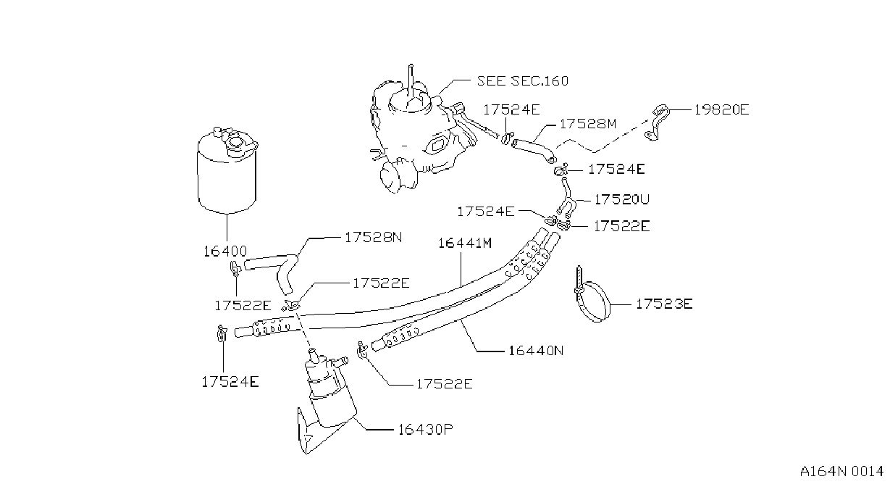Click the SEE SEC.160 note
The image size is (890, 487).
coord(522,81)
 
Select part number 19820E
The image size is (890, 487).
coord(721,109)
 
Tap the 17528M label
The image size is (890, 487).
coord(587,124)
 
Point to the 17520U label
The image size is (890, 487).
coord(621,199)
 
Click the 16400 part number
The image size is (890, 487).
coord(225,251)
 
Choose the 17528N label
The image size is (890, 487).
coord(373,237)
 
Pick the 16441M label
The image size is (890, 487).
coord(465,243)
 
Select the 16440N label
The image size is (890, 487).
coord(536,351)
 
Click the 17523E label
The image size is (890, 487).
coord(664,304)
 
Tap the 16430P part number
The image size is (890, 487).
coord(426,429)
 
